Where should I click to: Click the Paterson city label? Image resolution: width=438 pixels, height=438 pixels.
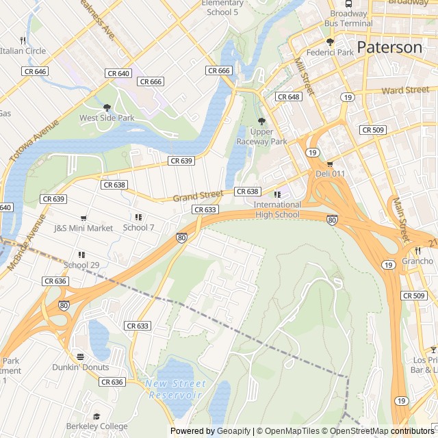coord(389,47)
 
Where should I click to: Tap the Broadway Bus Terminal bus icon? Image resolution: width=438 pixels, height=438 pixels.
coord(349,3)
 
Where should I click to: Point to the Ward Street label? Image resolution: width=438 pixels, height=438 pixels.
coord(405,90)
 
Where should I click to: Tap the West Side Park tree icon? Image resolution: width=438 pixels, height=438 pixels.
coord(107,107)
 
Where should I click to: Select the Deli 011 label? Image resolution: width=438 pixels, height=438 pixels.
coord(330,174)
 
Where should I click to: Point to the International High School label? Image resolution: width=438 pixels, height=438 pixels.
coord(276,209)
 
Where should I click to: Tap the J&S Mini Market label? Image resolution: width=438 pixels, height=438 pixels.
coord(83,228)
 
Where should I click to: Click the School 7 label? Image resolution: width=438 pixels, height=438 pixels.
coord(138,227)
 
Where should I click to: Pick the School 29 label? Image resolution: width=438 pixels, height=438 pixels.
coord(81,265)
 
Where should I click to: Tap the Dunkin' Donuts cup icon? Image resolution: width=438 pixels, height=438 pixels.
coord(81,357)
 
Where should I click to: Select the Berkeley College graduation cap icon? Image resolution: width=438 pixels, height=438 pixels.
coord(96,416)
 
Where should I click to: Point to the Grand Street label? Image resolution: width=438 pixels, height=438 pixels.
coord(198,196)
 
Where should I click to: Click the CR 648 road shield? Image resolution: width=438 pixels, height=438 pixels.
coord(288,97)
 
